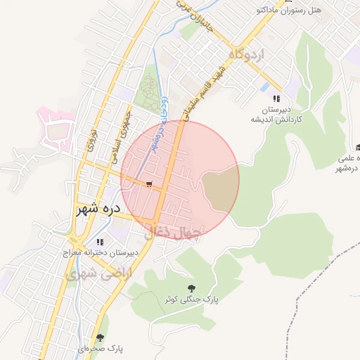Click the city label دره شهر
[x=98, y=209]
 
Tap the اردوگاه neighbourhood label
[x=245, y=53]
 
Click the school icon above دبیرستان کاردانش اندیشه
[x=276, y=99]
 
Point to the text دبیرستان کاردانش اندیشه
[x=277, y=114]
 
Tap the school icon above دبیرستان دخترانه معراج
[x=99, y=242]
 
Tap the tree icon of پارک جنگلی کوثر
[x=191, y=288]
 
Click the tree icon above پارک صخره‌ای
[x=101, y=338]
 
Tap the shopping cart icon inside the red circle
[x=148, y=184]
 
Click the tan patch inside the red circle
[x=220, y=190]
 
